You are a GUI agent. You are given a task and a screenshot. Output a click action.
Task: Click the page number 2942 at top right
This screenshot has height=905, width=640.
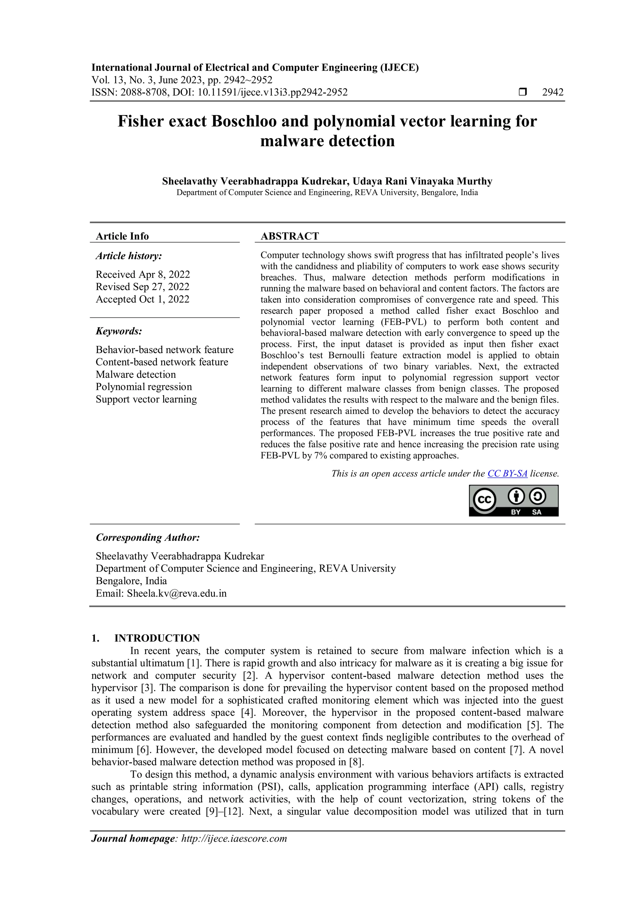tap(552, 92)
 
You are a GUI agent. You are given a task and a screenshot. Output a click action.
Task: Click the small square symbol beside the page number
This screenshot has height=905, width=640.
tap(522, 92)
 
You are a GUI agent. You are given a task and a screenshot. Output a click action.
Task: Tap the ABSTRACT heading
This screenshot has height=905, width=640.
tap(290, 236)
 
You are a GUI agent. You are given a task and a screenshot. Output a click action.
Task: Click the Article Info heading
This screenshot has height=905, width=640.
tap(122, 236)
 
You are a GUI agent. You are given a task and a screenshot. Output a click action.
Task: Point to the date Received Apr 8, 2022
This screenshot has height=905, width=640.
tap(143, 274)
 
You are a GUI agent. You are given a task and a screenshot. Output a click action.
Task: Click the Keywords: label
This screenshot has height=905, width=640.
tap(119, 331)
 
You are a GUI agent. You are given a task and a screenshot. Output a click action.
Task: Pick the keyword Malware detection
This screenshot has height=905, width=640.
tap(136, 374)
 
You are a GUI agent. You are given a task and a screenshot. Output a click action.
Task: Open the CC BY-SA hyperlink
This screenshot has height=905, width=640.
tap(507, 473)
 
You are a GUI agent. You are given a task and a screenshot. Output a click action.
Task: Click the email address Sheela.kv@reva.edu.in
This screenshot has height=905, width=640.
tap(177, 594)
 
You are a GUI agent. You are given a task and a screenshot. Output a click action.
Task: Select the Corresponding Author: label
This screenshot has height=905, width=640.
tap(148, 537)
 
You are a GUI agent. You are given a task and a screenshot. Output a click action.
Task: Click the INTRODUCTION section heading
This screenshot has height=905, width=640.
tap(157, 638)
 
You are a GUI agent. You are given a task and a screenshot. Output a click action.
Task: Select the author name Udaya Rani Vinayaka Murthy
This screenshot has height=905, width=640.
tap(422, 181)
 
